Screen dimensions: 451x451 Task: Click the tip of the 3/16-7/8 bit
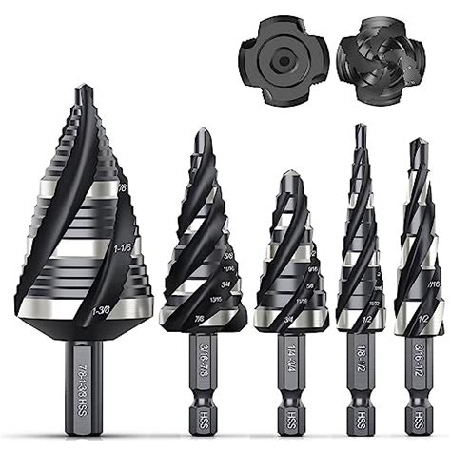(x=202, y=131)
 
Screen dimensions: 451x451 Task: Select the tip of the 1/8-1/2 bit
(x=361, y=127)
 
